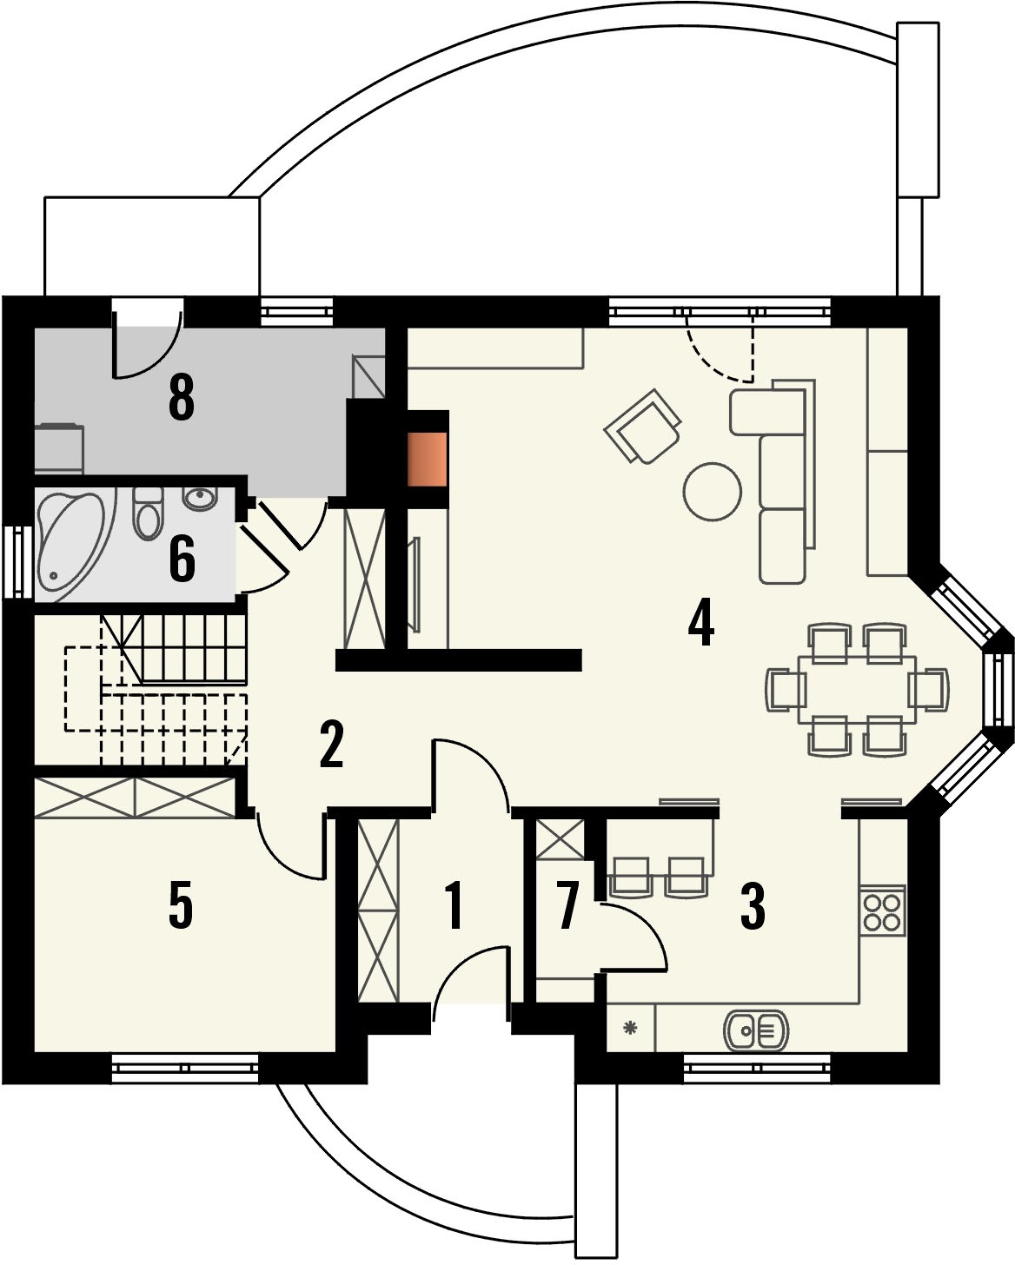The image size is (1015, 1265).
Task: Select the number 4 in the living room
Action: [700, 621]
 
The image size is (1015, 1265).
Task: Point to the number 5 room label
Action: [180, 905]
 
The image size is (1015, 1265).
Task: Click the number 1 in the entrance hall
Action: [454, 905]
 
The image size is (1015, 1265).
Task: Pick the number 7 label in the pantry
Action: [567, 905]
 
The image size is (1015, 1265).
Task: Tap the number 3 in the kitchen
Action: [752, 905]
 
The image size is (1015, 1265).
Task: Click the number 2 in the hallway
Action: [331, 744]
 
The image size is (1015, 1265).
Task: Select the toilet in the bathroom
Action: [149, 513]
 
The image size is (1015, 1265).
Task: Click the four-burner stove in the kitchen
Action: [882, 911]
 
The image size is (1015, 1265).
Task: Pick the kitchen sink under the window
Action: [755, 1030]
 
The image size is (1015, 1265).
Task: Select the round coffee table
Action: [713, 492]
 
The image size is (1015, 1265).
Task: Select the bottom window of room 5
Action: [185, 1068]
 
